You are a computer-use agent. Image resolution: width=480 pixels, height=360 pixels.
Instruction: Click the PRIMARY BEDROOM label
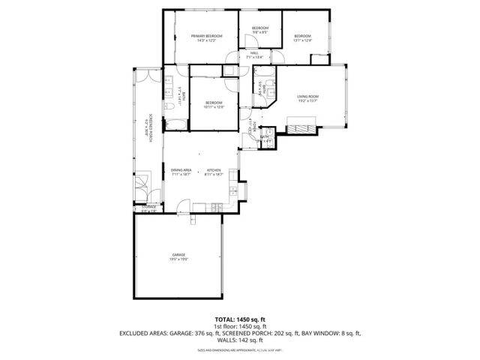[x=206, y=36]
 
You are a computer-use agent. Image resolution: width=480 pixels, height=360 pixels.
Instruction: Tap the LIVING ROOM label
[x=307, y=97]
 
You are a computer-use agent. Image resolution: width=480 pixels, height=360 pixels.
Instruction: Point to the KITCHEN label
[x=214, y=169]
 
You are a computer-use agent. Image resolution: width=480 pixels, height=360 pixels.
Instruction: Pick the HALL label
[x=255, y=52]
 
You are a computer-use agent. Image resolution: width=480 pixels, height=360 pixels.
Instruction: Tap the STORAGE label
[x=148, y=206]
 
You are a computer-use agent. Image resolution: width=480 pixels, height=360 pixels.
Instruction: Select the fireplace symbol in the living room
[x=304, y=129]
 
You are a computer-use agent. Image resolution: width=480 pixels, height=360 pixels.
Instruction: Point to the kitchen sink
[x=234, y=190]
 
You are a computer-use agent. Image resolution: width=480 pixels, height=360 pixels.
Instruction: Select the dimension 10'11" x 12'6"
[x=214, y=107]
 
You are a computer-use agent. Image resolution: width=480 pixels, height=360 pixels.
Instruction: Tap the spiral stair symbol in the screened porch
[x=142, y=184]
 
